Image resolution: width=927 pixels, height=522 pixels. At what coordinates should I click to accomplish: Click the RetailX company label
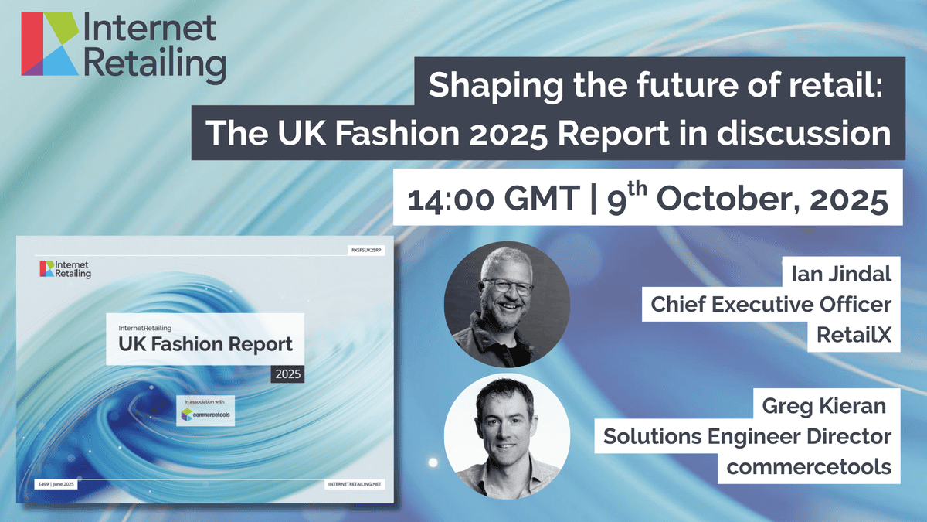click(857, 333)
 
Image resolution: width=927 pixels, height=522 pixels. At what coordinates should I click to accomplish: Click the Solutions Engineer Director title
click(747, 438)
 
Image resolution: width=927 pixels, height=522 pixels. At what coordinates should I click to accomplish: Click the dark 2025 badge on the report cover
click(287, 374)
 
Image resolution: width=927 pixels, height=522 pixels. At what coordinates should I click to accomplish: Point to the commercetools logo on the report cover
click(205, 414)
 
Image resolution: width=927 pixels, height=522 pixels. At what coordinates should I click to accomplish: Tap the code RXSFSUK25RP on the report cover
click(368, 250)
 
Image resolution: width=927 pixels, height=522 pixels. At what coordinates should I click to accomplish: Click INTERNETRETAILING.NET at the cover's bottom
click(355, 483)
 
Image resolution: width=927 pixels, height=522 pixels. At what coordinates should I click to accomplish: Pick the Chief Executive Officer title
click(770, 304)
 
